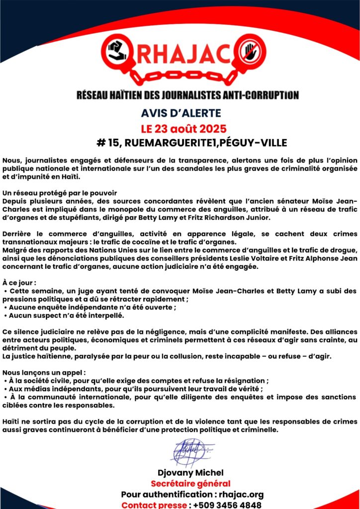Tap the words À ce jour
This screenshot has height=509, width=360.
click(x=19, y=282)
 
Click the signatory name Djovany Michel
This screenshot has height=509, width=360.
click(x=190, y=472)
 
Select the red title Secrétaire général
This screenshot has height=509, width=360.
click(x=190, y=484)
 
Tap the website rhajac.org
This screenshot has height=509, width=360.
click(x=243, y=495)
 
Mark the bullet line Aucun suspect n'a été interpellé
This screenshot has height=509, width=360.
click(x=66, y=315)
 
